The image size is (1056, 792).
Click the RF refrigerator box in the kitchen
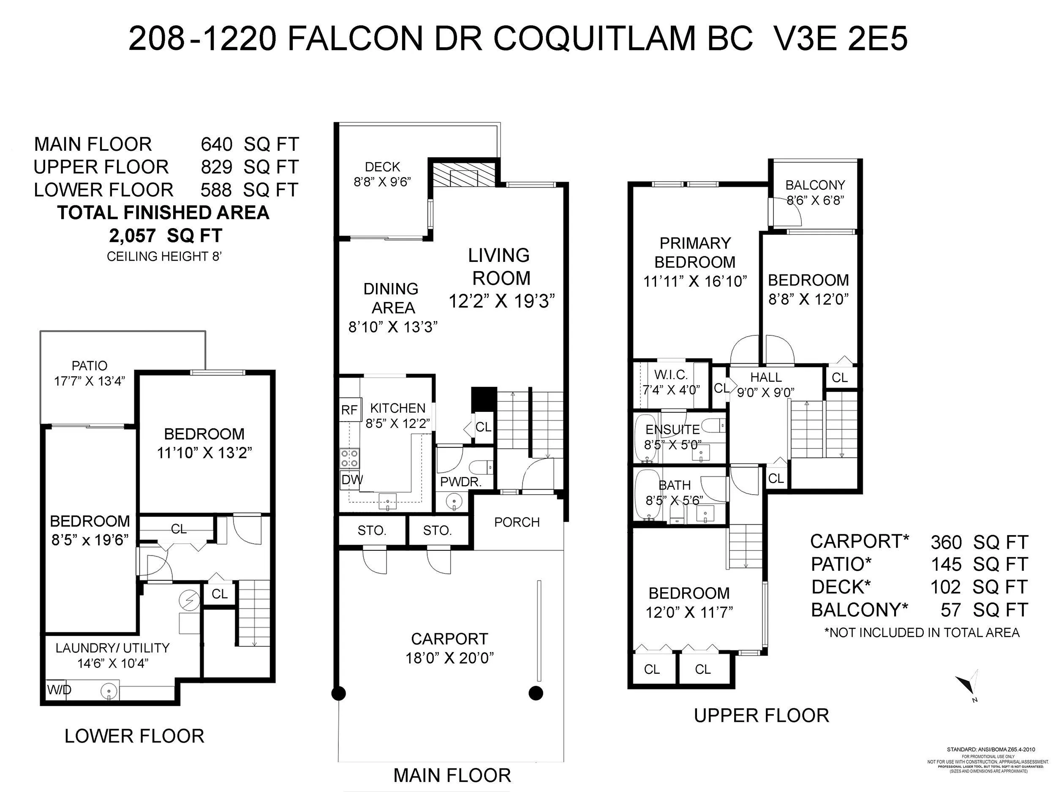[350, 410]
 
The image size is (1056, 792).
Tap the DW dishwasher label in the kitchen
[352, 480]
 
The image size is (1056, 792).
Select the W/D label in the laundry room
[59, 690]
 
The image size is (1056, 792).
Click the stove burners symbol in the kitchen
[350, 458]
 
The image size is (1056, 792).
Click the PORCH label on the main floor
[517, 522]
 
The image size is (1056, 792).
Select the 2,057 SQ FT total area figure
[166, 235]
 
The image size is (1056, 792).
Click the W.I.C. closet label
[671, 375]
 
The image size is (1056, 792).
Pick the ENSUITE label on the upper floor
[672, 430]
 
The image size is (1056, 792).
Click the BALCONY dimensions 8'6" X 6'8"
[815, 200]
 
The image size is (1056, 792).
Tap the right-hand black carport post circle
[536, 693]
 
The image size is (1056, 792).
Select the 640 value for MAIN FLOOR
[216, 144]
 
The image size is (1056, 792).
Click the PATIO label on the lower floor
[89, 366]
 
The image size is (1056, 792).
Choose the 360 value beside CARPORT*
[946, 542]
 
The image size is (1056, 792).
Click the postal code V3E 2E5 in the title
[839, 39]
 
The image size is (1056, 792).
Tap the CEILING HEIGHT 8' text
[164, 257]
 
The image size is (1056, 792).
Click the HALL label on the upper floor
[766, 377]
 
